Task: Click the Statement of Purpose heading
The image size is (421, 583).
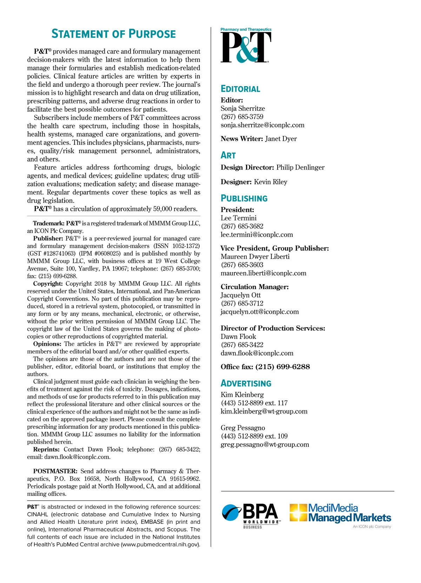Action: point(114,34)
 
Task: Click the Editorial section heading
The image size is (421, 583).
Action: point(240,89)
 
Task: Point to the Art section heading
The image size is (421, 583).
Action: point(228,155)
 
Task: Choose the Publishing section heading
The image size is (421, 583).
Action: point(244,198)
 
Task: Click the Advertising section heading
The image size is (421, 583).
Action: point(246,383)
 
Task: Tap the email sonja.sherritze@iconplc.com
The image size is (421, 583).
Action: point(262,125)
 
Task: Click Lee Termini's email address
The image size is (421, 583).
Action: point(256,235)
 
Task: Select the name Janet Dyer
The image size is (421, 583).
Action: point(281,139)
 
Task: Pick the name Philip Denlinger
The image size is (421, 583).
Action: point(300,167)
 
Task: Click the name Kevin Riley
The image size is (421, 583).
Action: point(270,182)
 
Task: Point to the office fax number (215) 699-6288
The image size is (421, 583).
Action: point(282,367)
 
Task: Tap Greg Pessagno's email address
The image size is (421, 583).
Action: point(265,445)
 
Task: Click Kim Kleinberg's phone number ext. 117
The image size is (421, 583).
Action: point(254,403)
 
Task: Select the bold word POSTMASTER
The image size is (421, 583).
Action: point(55,471)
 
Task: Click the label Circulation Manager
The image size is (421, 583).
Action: point(255,287)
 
